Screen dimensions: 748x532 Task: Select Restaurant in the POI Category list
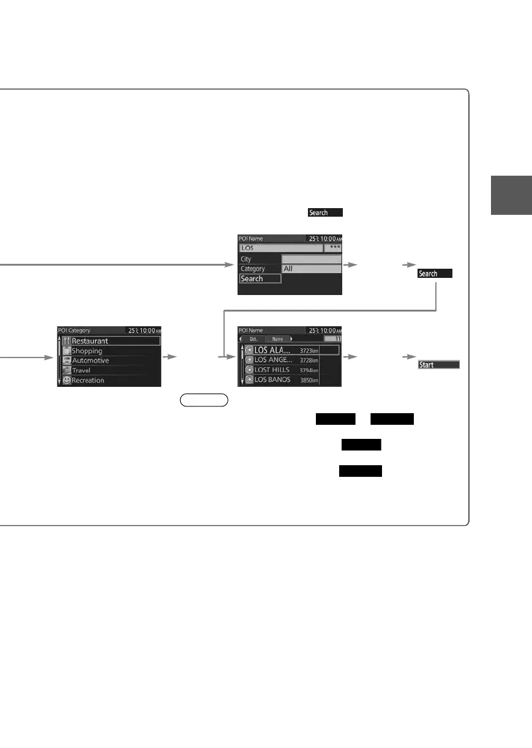pos(89,341)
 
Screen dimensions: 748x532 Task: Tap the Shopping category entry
pos(87,351)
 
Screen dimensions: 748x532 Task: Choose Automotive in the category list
pos(90,361)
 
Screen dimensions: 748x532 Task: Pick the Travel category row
pos(81,370)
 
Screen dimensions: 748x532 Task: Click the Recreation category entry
pos(88,380)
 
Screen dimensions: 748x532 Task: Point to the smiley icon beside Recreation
pos(66,380)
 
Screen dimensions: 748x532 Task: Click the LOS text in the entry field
pos(247,249)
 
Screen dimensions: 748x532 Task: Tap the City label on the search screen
pos(245,259)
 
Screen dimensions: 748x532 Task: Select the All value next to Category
pos(288,269)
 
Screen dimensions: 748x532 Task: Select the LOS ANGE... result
pos(272,360)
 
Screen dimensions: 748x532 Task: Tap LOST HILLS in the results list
pos(272,370)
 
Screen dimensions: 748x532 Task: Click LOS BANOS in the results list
pos(272,380)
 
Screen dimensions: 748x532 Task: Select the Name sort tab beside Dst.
pos(277,338)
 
